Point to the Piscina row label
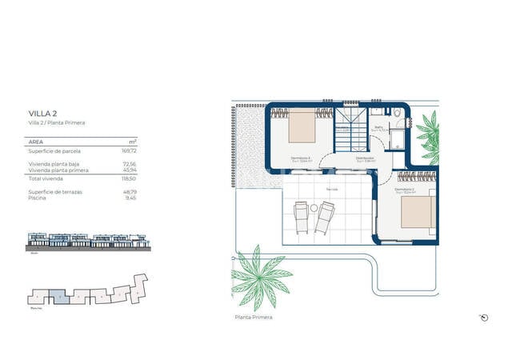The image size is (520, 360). click(38, 198)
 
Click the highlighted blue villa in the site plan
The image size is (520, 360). click(62, 297)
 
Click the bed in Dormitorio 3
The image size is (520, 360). click(303, 125)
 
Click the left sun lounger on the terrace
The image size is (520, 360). click(302, 216)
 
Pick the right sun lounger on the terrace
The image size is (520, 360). click(325, 217)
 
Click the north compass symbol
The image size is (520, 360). click(484, 318)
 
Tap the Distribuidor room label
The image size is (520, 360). click(367, 158)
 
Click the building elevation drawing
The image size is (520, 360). click(87, 241)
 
